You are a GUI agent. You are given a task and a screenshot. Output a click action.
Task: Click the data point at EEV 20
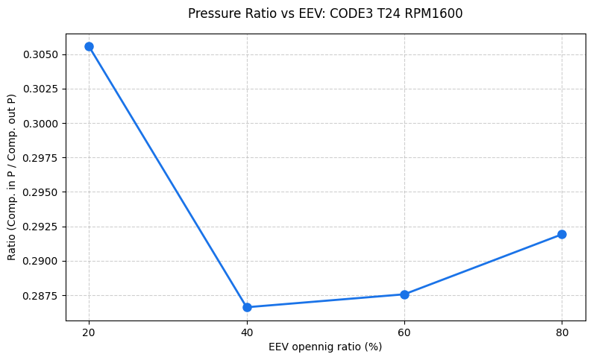coord(90,46)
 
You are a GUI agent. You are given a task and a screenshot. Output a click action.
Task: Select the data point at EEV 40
coord(247,307)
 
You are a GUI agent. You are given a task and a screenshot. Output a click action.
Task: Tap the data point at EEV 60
coord(404,294)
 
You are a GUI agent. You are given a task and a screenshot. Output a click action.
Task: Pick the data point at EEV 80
coord(562,234)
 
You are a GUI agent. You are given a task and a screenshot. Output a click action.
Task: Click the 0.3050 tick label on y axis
coord(43,54)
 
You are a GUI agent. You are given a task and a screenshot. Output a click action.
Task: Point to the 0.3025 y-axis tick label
coord(43,89)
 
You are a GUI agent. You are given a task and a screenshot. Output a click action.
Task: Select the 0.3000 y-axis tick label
coord(43,124)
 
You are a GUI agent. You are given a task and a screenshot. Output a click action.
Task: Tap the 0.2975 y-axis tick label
coord(43,158)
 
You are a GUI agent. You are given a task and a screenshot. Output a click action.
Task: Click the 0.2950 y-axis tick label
coord(43,192)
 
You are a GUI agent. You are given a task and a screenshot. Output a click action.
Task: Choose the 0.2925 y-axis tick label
coord(43,227)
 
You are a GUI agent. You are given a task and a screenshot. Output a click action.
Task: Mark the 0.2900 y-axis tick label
coord(43,261)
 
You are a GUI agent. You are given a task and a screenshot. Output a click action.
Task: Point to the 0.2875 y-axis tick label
coord(43,296)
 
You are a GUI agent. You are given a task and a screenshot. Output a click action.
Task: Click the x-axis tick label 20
coord(90,332)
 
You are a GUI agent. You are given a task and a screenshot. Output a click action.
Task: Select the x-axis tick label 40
coord(247,332)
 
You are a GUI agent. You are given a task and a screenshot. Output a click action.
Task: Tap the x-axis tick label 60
coord(404,332)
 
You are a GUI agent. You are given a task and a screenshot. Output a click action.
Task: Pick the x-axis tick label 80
coord(562,332)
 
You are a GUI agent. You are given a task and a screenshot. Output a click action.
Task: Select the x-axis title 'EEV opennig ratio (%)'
coord(325,347)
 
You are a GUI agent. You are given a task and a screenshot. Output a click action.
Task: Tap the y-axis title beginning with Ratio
coord(11,177)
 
